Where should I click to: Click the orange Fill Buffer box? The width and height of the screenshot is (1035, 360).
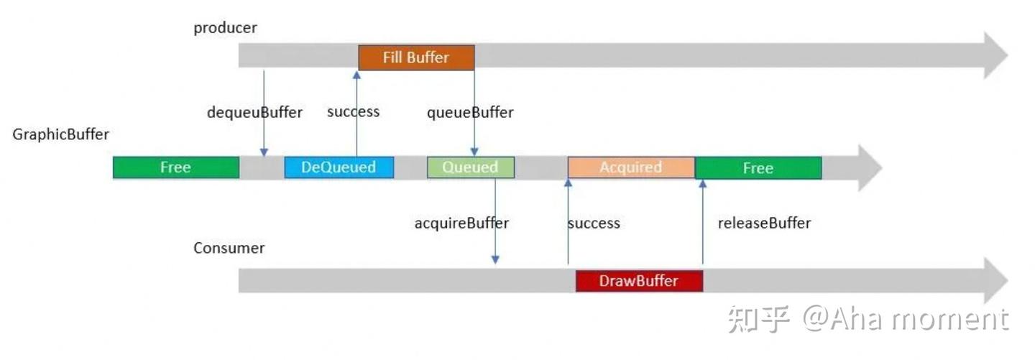(x=416, y=57)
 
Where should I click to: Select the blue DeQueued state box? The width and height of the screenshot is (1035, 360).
(x=339, y=167)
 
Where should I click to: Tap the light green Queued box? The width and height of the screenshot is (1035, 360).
(x=470, y=167)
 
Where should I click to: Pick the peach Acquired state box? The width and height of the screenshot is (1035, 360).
(x=631, y=167)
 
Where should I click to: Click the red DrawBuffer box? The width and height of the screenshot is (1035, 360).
(x=638, y=280)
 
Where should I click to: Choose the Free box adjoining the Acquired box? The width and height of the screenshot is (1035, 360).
(x=758, y=167)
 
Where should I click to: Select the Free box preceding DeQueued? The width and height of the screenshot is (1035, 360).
(x=175, y=167)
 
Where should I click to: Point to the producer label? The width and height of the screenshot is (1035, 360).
(x=225, y=28)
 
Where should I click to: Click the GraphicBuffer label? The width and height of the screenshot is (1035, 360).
(x=60, y=134)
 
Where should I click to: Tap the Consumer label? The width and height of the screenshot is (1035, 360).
(x=229, y=248)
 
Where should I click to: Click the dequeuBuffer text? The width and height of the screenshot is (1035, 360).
(x=254, y=112)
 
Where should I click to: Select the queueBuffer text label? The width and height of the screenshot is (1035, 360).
(x=470, y=112)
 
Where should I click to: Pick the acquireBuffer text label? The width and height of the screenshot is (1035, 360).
(x=461, y=223)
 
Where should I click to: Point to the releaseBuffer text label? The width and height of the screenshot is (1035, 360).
(x=764, y=223)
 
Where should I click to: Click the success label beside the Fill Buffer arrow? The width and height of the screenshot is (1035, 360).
(x=353, y=111)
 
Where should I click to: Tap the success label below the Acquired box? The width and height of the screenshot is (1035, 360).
(x=594, y=223)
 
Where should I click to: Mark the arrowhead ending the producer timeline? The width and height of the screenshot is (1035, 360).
(x=995, y=55)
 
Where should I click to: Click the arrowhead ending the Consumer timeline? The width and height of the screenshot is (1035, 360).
(x=995, y=280)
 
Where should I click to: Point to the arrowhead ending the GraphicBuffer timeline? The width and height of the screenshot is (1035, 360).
(x=868, y=167)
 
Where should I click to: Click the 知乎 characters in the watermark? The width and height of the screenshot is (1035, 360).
(x=758, y=319)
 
